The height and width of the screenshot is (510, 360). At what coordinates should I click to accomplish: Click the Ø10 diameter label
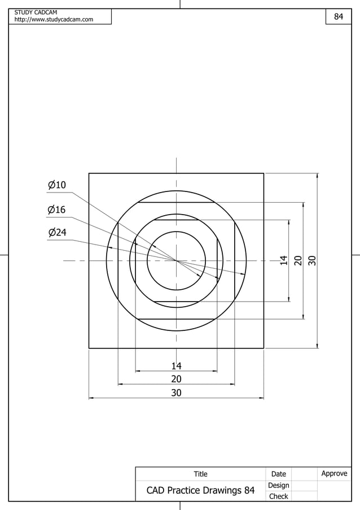(57, 185)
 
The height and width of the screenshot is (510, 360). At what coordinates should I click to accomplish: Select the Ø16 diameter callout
(57, 210)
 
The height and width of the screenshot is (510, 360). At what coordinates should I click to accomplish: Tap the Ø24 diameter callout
(57, 233)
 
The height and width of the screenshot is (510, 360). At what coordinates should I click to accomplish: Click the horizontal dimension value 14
(176, 366)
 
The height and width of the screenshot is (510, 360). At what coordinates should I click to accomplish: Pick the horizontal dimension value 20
(176, 379)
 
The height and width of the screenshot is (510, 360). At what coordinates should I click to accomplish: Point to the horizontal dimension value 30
(176, 393)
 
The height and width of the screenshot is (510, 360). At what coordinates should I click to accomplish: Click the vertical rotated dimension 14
(284, 260)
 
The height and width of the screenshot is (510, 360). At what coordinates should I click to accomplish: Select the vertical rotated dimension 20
(298, 260)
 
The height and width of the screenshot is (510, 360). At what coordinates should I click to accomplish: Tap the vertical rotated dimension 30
(312, 260)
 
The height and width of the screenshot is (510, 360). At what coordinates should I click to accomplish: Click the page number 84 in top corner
(339, 17)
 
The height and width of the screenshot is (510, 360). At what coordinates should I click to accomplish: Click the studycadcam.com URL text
(54, 20)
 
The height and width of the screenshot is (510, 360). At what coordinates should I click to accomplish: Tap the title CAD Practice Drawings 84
(200, 490)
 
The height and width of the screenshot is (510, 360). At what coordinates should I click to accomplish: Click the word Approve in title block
(334, 473)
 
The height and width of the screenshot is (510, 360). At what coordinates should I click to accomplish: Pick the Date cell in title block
(279, 474)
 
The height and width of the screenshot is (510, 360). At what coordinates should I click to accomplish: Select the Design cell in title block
(279, 485)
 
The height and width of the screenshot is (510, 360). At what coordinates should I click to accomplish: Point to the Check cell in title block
(279, 496)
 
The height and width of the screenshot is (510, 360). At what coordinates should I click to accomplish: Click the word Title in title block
(200, 474)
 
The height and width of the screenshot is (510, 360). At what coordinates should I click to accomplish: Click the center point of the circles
(177, 261)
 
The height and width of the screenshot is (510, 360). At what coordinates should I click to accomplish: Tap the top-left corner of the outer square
(89, 173)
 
